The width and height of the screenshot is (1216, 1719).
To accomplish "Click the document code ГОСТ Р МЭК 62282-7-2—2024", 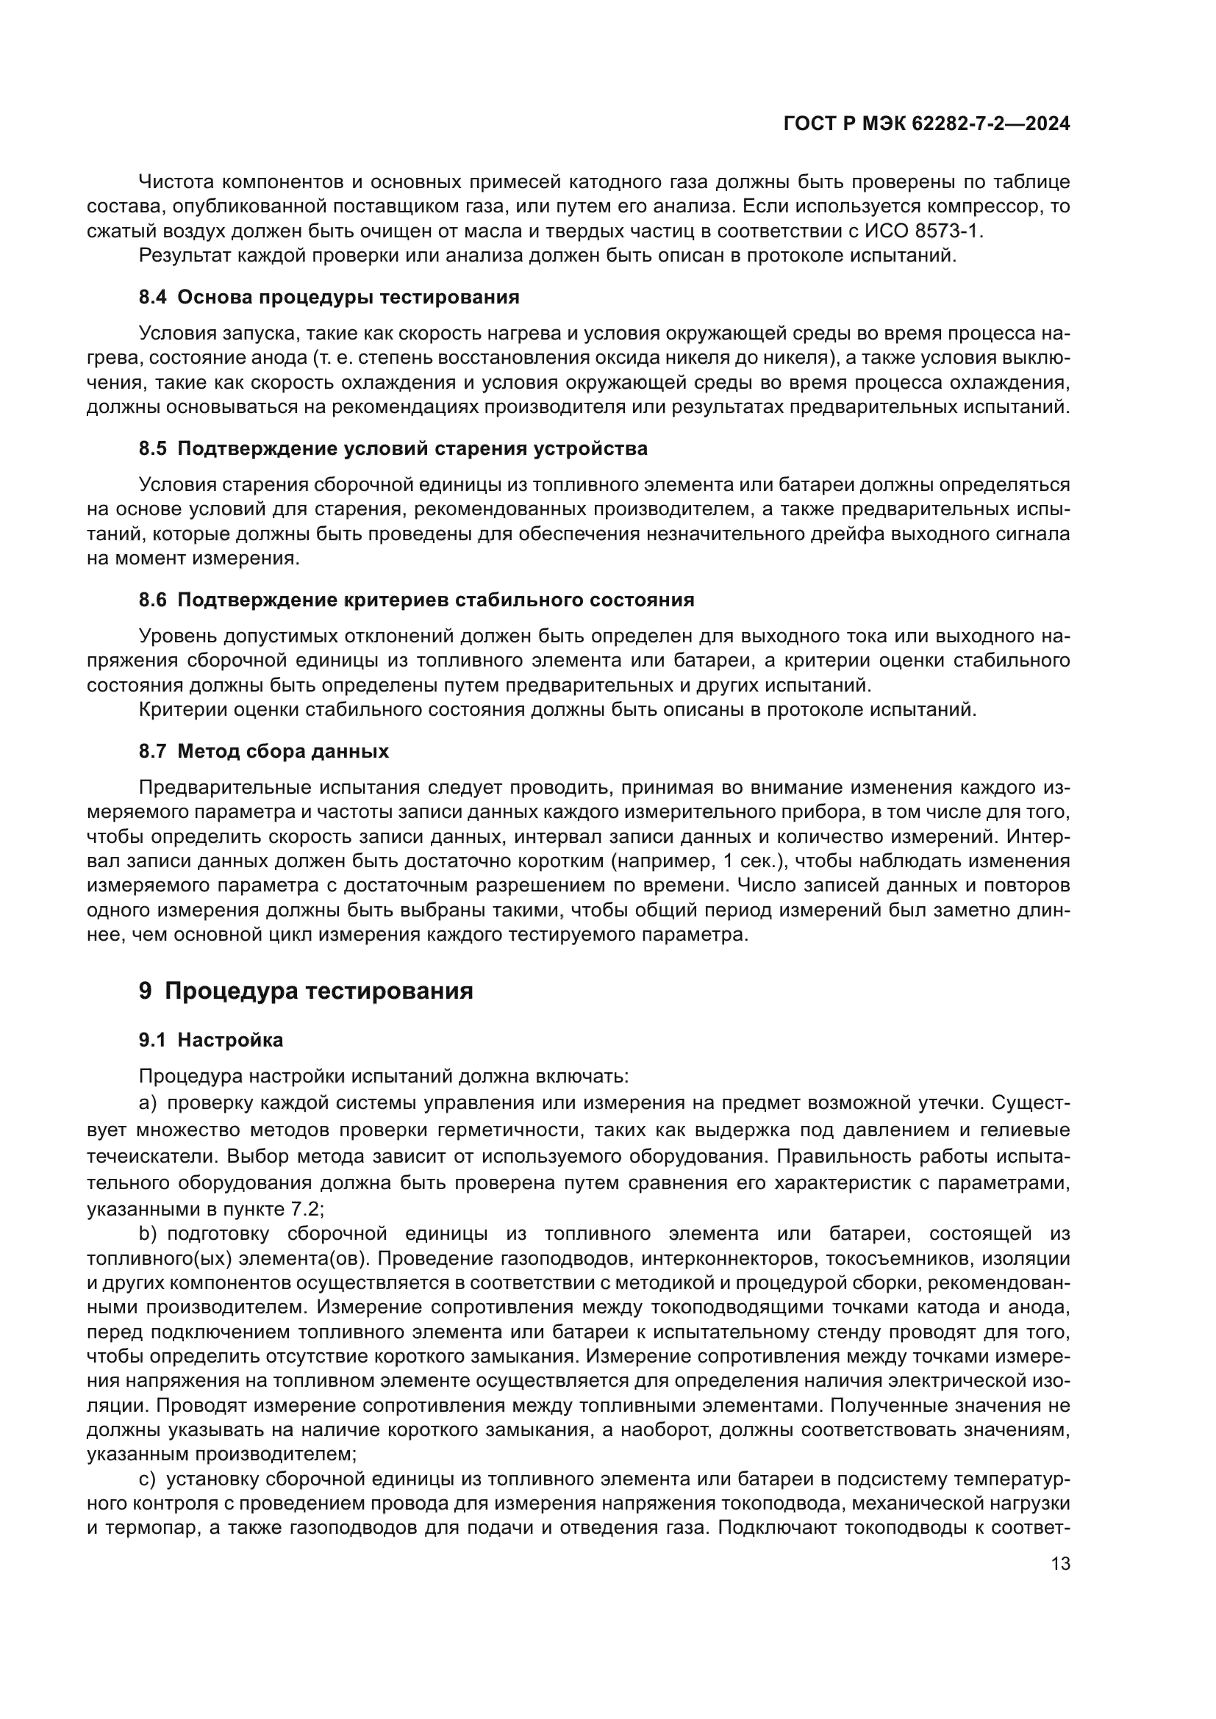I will [x=926, y=124].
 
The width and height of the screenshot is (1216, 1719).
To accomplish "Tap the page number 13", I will [x=1060, y=1564].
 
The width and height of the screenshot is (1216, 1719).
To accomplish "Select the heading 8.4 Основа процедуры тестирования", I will [x=329, y=297].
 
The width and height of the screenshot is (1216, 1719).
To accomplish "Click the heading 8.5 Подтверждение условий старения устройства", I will [x=393, y=448].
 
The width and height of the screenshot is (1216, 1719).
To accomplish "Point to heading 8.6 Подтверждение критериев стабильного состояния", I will [x=416, y=600].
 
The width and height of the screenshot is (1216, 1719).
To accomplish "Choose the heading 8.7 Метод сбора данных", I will [x=264, y=751].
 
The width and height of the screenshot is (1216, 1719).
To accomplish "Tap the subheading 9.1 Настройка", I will [x=210, y=1040].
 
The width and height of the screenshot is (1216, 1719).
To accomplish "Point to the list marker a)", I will [x=147, y=1103].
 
